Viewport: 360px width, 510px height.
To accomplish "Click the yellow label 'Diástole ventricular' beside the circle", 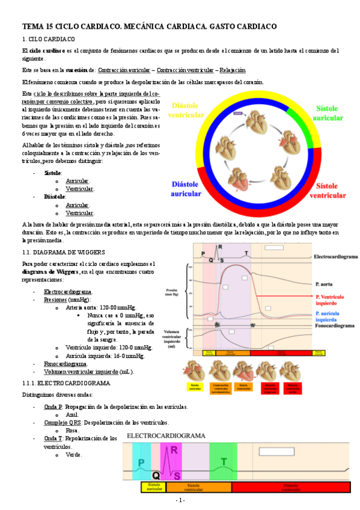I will point(187,110).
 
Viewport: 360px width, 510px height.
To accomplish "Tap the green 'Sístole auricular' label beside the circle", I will point(328,113).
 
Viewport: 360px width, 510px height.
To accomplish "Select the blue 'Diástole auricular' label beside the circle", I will point(186,189).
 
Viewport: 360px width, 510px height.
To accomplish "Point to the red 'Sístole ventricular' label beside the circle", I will point(328,191).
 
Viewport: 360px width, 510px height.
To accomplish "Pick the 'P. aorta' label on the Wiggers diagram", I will point(326,283).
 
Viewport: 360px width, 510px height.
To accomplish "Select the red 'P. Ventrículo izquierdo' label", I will point(330,300).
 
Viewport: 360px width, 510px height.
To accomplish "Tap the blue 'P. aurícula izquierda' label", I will point(329,317).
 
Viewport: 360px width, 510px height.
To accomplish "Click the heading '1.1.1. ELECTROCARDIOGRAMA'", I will point(66,382).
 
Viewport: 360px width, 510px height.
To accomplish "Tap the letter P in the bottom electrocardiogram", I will point(141,462).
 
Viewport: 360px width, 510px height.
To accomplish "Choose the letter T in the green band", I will point(224,462).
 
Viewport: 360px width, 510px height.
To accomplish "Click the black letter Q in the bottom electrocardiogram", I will point(156,474).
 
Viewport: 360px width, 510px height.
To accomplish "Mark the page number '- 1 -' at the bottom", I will point(180,500).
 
